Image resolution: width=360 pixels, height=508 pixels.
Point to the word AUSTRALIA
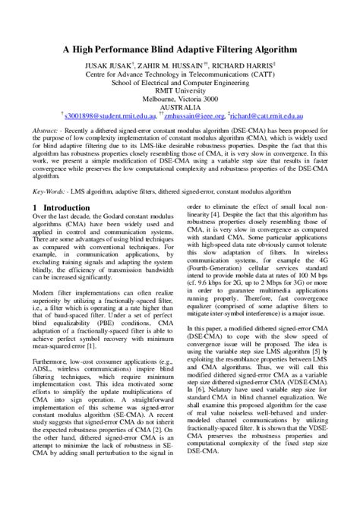pos(179,108)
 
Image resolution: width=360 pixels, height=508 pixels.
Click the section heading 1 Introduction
pos(62,207)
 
